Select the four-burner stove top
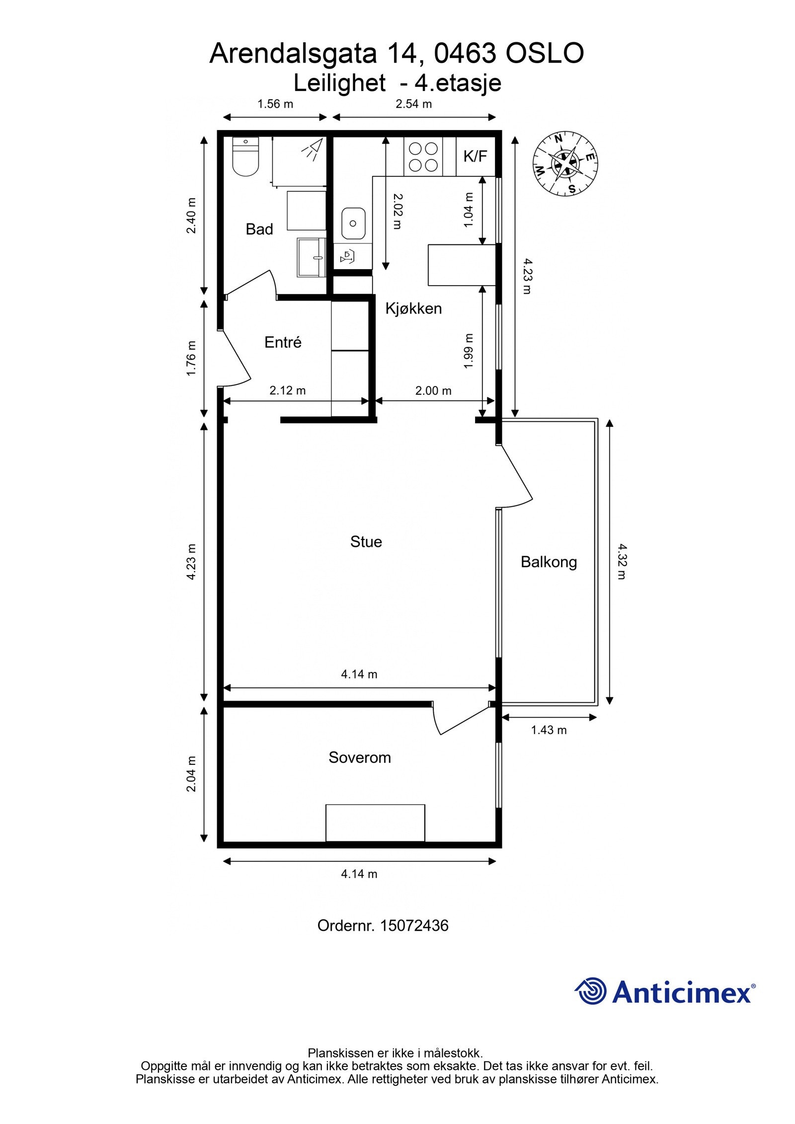pos(423,156)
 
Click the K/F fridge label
pos(475,156)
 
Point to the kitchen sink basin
pos(353,224)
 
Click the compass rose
pos(565,162)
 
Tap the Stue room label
pos(366,541)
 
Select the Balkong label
pos(549,562)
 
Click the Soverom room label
pos(359,757)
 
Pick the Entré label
pos(283,342)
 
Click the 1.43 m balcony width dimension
pos(549,730)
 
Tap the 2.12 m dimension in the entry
pos(287,390)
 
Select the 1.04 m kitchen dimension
pos(468,210)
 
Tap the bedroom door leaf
pos(465,720)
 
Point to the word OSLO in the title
pos(544,54)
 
